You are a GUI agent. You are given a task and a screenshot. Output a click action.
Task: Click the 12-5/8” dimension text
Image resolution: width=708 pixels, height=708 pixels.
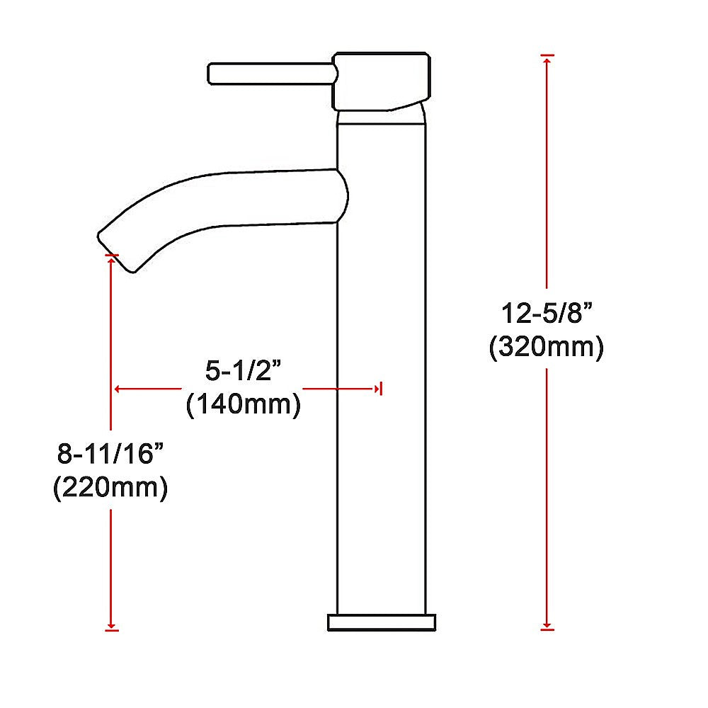(546, 313)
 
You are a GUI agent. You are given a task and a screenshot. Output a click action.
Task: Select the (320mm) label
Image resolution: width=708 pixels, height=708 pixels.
(546, 348)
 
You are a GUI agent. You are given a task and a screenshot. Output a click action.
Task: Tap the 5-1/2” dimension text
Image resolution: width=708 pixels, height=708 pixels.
(243, 371)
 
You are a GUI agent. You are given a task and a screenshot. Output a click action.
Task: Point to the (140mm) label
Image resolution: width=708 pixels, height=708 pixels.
(243, 406)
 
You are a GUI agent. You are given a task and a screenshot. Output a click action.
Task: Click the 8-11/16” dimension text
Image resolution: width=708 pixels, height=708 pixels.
(110, 454)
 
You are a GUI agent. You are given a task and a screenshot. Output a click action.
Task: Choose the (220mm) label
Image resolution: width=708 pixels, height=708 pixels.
(110, 489)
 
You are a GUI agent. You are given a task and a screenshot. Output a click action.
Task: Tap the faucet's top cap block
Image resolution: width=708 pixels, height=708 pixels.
(381, 81)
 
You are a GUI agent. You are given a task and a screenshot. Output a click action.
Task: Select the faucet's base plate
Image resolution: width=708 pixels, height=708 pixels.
(382, 622)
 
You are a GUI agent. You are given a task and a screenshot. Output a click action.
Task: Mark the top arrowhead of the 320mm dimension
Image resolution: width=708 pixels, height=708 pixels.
(547, 59)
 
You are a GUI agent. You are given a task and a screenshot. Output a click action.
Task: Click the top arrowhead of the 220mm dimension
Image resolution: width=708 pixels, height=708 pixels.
(112, 259)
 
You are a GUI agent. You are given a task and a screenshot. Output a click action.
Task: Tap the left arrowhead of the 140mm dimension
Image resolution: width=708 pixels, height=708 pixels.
(118, 388)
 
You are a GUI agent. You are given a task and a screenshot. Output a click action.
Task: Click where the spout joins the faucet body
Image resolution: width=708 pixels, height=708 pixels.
(340, 195)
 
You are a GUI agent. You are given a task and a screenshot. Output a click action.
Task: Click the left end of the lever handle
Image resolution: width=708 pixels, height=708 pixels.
(210, 74)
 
